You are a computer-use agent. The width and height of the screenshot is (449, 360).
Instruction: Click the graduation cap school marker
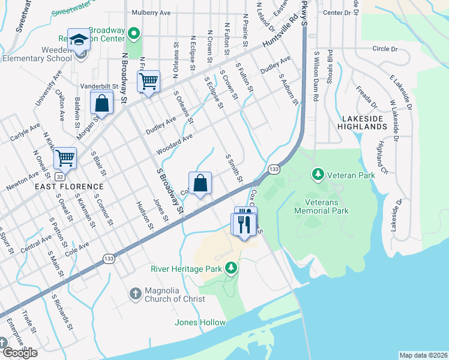coord(79,40)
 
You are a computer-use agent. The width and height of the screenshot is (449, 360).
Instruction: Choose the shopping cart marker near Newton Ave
coord(65,158)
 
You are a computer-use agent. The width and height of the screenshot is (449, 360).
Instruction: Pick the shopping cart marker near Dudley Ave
coord(148,81)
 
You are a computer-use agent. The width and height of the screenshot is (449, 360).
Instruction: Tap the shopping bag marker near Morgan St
coord(102,103)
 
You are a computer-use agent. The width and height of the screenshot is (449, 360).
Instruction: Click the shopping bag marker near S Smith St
coord(200,182)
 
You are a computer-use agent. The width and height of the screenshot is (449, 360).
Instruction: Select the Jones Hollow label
coord(200,322)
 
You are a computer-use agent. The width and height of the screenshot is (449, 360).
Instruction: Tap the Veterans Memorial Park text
coord(322,206)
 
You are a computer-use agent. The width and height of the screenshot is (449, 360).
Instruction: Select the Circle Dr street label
coord(385,48)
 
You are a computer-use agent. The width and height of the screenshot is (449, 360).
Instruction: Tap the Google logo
coord(19,353)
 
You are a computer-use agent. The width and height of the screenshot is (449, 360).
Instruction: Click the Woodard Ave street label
coord(173,144)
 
